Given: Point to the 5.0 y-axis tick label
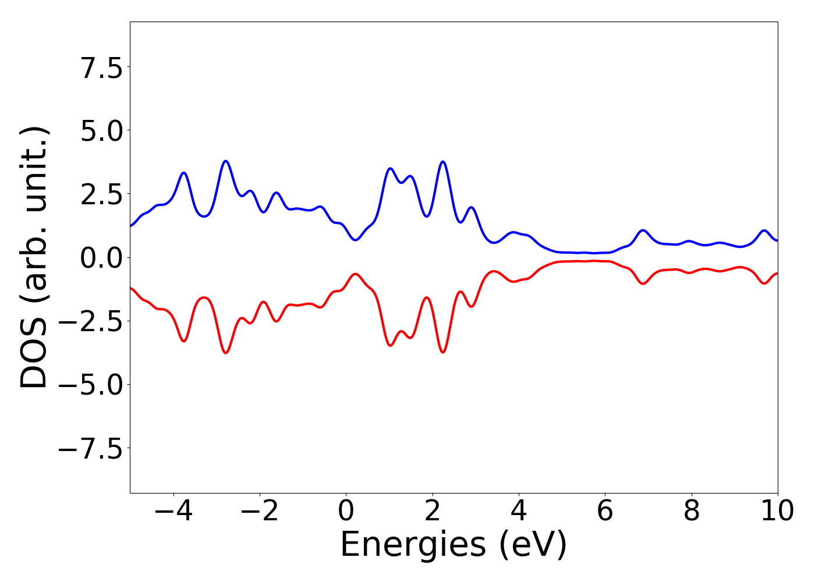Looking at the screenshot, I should [x=102, y=131].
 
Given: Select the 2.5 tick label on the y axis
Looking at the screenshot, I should [x=102, y=194].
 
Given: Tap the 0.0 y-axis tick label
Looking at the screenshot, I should [x=102, y=258].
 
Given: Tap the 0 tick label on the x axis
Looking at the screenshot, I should [x=346, y=511].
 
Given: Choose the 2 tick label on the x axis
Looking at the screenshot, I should [x=432, y=511].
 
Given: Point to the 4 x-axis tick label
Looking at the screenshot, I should [x=519, y=511].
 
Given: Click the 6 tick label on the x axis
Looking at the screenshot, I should [x=605, y=511].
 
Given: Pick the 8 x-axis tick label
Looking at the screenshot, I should [x=691, y=511].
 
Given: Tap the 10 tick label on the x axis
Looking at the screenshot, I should [x=777, y=511].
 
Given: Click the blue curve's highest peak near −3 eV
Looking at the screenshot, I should [x=226, y=161].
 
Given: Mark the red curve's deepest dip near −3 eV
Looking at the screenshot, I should [x=226, y=353].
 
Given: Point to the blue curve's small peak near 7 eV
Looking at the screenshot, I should [x=643, y=230].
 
